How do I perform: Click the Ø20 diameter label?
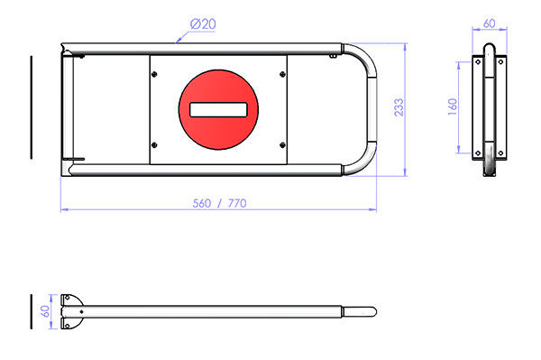[x=203, y=24]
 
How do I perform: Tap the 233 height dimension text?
[x=399, y=107]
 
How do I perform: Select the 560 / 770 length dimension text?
[x=219, y=203]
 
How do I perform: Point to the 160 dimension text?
[x=453, y=106]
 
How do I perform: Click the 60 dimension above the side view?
[x=490, y=23]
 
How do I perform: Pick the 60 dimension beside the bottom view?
[x=45, y=311]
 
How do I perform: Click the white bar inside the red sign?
[x=218, y=110]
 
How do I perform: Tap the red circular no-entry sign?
[x=218, y=110]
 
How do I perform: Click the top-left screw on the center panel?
[x=154, y=74]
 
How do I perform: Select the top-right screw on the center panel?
[x=282, y=74]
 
